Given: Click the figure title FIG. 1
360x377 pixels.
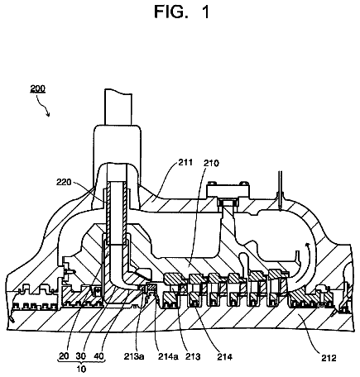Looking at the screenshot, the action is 182,12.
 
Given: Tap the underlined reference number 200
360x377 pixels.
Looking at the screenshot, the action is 38,88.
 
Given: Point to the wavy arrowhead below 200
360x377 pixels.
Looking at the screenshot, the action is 48,113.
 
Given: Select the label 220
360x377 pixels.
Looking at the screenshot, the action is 64,182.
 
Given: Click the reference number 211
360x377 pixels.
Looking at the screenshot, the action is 185,162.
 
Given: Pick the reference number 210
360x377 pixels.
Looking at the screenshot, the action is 211,163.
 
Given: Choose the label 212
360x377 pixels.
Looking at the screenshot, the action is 329,358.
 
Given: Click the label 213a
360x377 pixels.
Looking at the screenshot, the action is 134,356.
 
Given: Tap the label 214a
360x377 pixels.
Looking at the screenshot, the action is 168,356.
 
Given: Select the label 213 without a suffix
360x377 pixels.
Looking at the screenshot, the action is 193,356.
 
